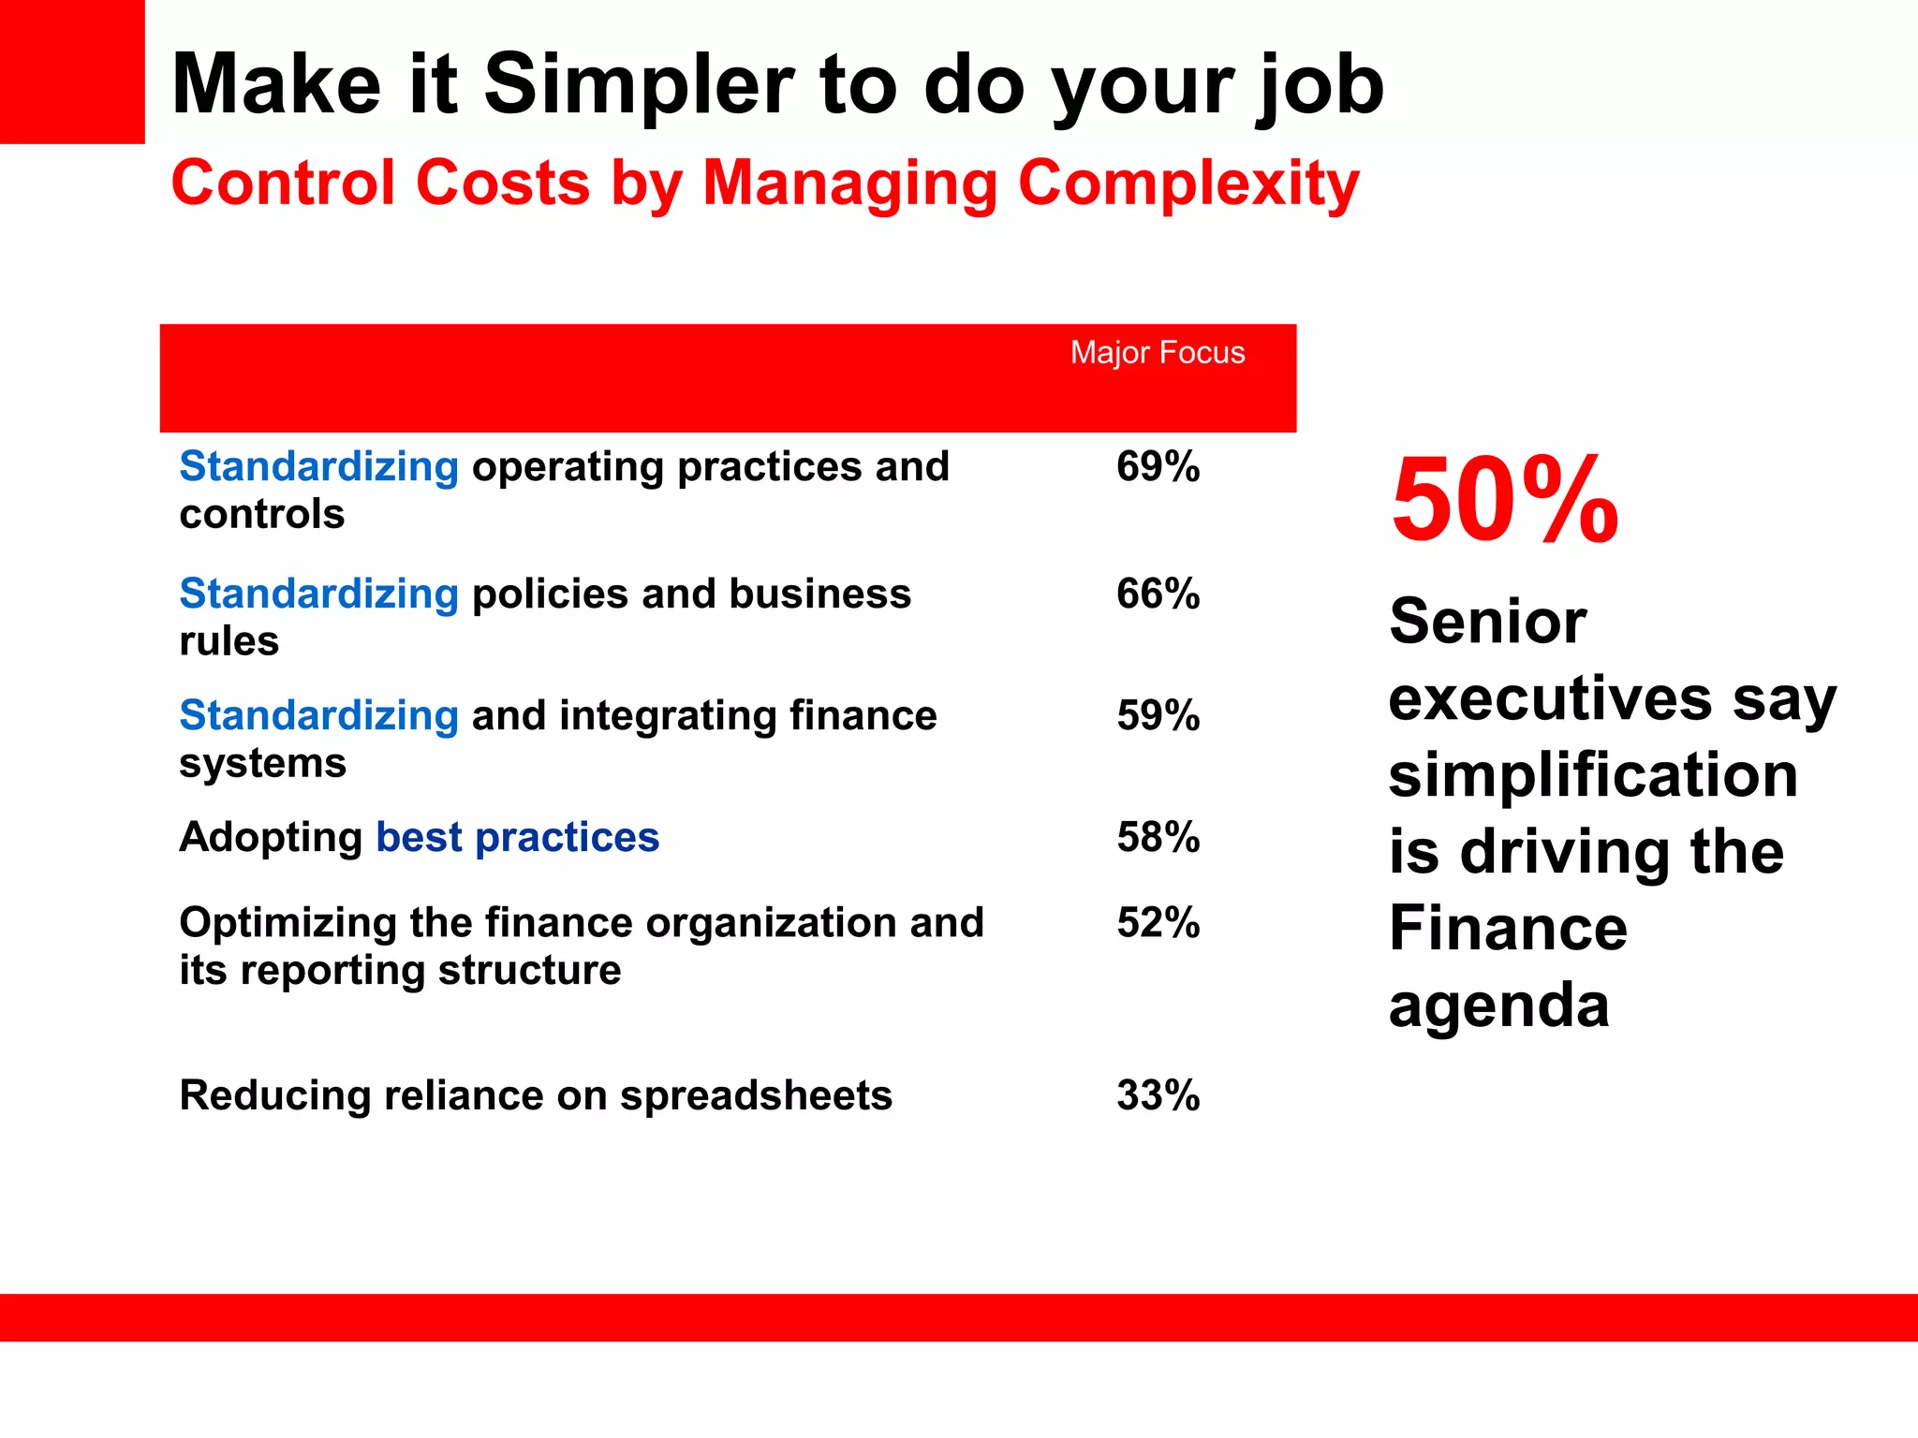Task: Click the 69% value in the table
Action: (x=1158, y=466)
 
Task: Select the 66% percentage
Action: (x=1158, y=594)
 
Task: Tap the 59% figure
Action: (x=1158, y=715)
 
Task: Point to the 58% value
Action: (x=1158, y=837)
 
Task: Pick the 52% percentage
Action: (x=1158, y=922)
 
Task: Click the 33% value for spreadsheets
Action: (x=1158, y=1095)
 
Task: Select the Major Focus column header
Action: (x=1158, y=353)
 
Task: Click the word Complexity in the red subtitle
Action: (x=1188, y=183)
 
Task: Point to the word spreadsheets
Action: (x=756, y=1095)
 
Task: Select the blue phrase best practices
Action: (x=517, y=837)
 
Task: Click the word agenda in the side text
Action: (x=1498, y=1007)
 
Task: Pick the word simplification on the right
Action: (x=1592, y=775)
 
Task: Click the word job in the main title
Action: (x=1320, y=87)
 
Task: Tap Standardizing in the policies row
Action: (x=318, y=594)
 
